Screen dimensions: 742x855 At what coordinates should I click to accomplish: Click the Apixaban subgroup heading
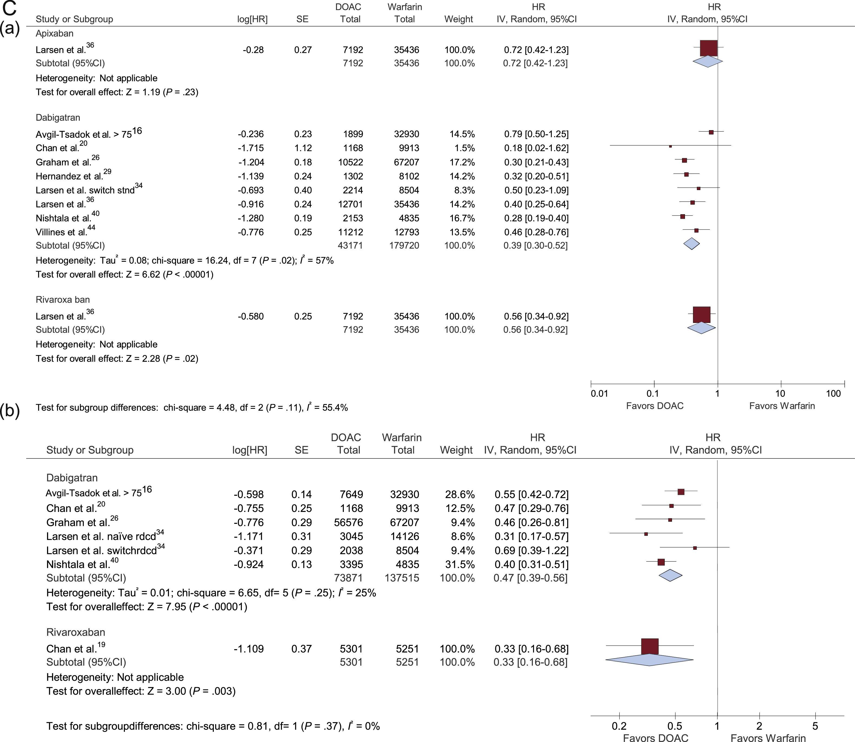coord(54,33)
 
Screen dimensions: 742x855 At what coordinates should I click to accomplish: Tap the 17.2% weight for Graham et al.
coord(462,162)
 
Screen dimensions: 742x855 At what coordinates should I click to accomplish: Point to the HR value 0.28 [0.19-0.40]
coord(536,218)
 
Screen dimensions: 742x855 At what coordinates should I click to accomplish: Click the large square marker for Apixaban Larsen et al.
coord(708,48)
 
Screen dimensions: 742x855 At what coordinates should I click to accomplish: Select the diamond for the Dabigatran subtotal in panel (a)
coord(691,244)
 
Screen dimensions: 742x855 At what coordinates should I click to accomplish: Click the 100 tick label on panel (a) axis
coord(833,394)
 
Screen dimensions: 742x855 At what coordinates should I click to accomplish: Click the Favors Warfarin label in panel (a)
coord(782,406)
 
